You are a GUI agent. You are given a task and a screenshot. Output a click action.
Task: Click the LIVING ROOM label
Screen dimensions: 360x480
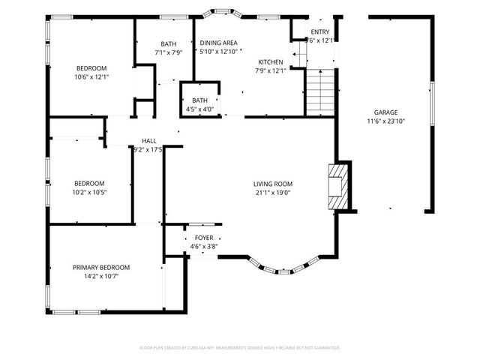pyautogui.click(x=272, y=184)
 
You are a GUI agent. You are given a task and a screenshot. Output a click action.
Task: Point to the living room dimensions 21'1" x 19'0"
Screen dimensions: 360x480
pyautogui.click(x=272, y=192)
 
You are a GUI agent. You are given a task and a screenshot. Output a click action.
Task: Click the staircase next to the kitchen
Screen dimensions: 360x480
pyautogui.click(x=318, y=92)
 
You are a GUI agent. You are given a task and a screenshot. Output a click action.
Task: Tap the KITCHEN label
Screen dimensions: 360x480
pyautogui.click(x=271, y=62)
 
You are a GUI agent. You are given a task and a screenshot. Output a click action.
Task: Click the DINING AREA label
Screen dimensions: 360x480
pyautogui.click(x=218, y=43)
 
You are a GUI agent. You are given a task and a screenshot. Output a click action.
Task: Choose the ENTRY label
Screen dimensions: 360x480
pyautogui.click(x=320, y=31)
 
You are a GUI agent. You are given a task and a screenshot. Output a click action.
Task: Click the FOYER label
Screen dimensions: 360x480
pyautogui.click(x=204, y=238)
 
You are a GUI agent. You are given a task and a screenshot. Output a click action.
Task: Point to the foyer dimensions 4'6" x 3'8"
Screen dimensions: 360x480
pyautogui.click(x=204, y=246)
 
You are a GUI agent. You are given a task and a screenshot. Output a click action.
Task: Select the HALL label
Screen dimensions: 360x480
pyautogui.click(x=148, y=141)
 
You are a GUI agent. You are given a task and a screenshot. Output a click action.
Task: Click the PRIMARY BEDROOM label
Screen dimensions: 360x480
pyautogui.click(x=101, y=268)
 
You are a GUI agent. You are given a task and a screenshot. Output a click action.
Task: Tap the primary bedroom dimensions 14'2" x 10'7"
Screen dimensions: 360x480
pyautogui.click(x=101, y=276)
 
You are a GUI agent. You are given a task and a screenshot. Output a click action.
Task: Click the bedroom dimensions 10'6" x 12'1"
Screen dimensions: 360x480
pyautogui.click(x=91, y=77)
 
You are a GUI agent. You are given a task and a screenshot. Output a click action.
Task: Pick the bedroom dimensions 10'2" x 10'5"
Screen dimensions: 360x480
pyautogui.click(x=89, y=192)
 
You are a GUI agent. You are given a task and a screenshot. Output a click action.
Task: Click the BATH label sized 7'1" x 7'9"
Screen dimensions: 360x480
pyautogui.click(x=168, y=43)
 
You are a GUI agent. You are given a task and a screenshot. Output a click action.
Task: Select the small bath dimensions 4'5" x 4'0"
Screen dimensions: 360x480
pyautogui.click(x=199, y=109)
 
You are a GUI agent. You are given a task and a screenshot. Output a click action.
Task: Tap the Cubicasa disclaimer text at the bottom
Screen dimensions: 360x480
pyautogui.click(x=240, y=348)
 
